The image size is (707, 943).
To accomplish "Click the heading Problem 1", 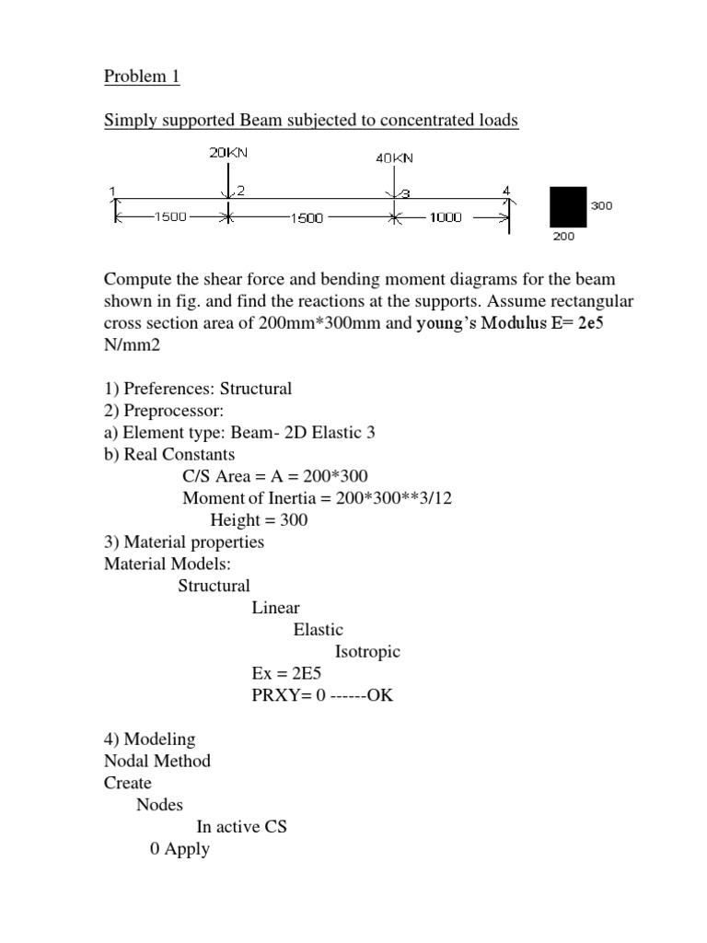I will pyautogui.click(x=142, y=76).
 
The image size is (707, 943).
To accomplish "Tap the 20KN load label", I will pyautogui.click(x=227, y=153).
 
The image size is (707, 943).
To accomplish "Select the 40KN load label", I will pyautogui.click(x=395, y=157).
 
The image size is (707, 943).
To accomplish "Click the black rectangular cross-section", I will pyautogui.click(x=568, y=206).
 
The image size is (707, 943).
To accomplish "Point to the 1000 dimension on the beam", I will pyautogui.click(x=445, y=218).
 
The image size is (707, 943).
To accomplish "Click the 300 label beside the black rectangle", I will pyautogui.click(x=601, y=206).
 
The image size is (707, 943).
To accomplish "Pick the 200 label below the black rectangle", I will pyautogui.click(x=563, y=237).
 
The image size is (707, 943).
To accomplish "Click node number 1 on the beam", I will pyautogui.click(x=113, y=191).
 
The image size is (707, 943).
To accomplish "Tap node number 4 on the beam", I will pyautogui.click(x=505, y=191).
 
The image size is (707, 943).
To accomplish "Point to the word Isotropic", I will pyautogui.click(x=367, y=652).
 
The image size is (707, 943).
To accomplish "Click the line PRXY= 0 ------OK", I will pyautogui.click(x=322, y=695).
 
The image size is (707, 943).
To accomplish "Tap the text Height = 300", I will pyautogui.click(x=259, y=519).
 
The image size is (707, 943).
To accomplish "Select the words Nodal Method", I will pyautogui.click(x=157, y=761).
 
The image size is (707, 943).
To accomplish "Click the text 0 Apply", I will pyautogui.click(x=180, y=849).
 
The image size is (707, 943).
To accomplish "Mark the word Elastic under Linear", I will pyautogui.click(x=318, y=630).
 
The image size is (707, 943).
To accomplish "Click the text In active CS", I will pyautogui.click(x=241, y=827).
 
